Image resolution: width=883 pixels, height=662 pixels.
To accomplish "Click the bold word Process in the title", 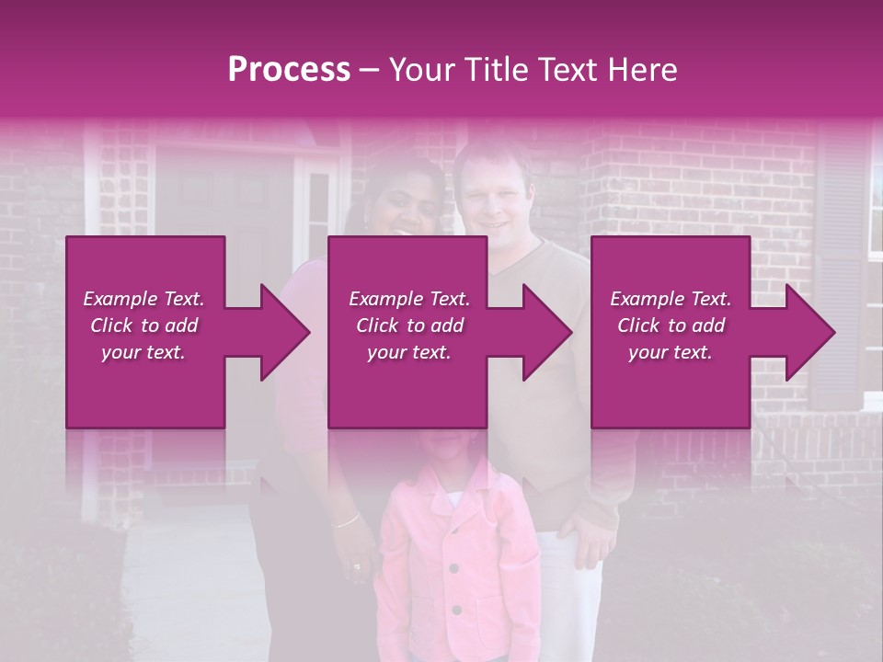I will click(x=289, y=70).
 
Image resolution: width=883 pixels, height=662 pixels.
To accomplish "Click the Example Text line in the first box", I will click(x=143, y=299).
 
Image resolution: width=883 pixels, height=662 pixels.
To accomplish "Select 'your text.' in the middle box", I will click(x=408, y=352).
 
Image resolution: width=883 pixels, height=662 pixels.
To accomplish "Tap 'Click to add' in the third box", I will click(x=671, y=325).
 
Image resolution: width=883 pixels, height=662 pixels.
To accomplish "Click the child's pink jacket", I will click(x=460, y=561).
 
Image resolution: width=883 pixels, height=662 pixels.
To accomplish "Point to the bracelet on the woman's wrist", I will click(x=347, y=520).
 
